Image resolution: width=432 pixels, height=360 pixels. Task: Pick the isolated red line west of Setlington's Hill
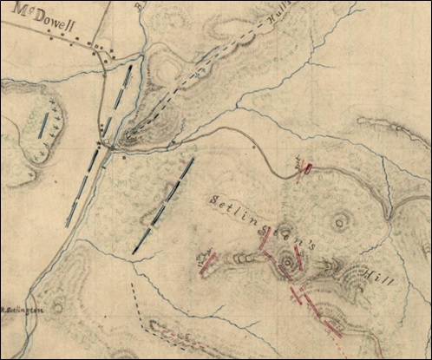[207, 264]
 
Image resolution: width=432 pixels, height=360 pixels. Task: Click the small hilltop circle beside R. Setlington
[58, 306]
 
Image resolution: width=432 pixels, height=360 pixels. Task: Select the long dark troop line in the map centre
[164, 206]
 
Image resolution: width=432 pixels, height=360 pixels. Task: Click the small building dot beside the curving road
[253, 147]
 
